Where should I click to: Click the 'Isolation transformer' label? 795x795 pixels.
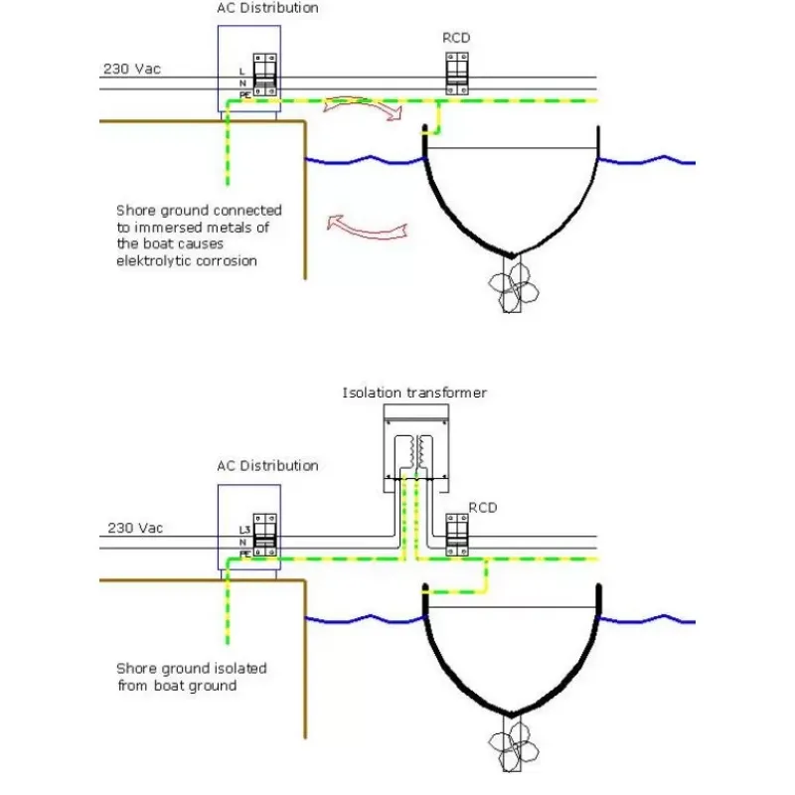[x=414, y=393]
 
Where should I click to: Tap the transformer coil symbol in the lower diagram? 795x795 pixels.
[x=416, y=453]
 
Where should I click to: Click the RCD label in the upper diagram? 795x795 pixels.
[x=456, y=38]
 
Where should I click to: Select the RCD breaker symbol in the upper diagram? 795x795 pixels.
[x=457, y=74]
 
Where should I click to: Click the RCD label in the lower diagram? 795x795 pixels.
[x=483, y=508]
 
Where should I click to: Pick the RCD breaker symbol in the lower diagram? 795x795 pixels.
[x=457, y=535]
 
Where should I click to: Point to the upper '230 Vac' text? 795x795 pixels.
[x=132, y=69]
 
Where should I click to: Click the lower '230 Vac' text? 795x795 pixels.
[x=135, y=529]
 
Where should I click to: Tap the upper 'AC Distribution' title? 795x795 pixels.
[x=267, y=8]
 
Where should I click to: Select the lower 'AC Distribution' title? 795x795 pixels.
[x=267, y=466]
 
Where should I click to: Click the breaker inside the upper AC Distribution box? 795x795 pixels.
[x=264, y=75]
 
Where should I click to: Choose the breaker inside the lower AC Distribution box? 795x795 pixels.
[x=264, y=535]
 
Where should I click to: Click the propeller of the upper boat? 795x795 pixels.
[x=513, y=287]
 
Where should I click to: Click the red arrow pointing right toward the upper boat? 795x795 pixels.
[x=363, y=105]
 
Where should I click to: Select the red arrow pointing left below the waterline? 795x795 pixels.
[x=366, y=228]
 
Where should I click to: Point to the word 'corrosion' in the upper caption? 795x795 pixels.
[x=227, y=261]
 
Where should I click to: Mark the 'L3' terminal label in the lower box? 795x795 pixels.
[x=244, y=530]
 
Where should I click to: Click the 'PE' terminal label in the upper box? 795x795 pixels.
[x=244, y=95]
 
